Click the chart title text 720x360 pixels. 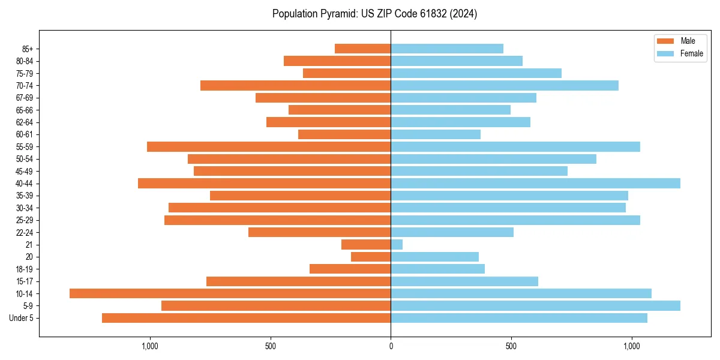[x=374, y=14]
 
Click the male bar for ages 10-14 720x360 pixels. [x=230, y=293]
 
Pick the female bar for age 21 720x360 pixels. [x=397, y=245]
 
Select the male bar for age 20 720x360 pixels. [x=371, y=257]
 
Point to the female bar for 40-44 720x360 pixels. [x=535, y=184]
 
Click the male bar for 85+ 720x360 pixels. [x=362, y=49]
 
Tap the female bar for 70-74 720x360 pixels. [x=504, y=86]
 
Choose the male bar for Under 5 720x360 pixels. [x=246, y=318]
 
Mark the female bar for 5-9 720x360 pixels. [x=535, y=306]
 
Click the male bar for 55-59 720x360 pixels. [x=269, y=147]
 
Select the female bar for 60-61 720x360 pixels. [x=436, y=134]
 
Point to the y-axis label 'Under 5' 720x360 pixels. [x=21, y=318]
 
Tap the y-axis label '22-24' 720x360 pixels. [x=24, y=233]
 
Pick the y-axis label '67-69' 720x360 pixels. [x=24, y=98]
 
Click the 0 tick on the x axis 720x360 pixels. [x=391, y=346]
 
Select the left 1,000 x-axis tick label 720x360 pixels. [x=149, y=346]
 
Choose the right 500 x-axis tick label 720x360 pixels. [x=511, y=346]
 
